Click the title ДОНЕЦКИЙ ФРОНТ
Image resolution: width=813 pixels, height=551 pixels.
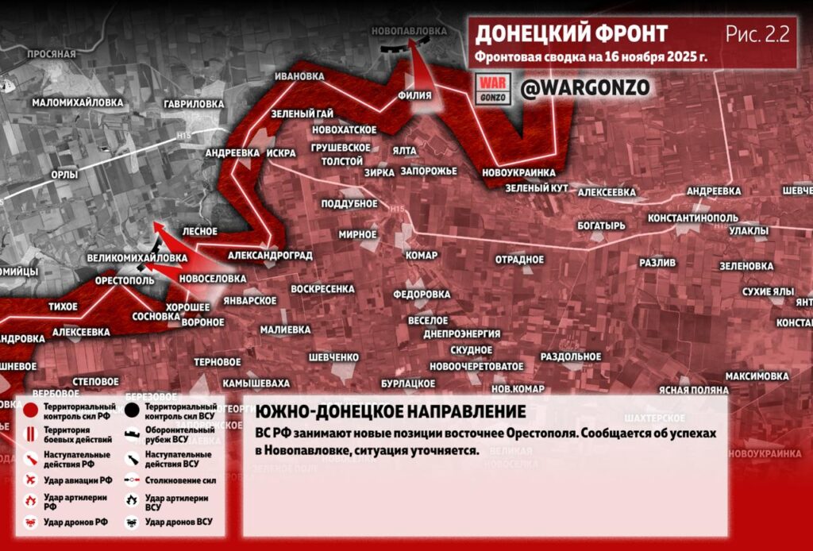(x=571, y=33)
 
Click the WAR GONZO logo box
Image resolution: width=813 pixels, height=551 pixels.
(x=491, y=88)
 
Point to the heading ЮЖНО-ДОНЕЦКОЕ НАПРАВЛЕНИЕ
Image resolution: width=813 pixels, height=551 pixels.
(x=390, y=412)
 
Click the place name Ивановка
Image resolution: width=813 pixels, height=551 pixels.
(x=299, y=76)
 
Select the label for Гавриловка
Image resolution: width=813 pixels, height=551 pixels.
(x=193, y=104)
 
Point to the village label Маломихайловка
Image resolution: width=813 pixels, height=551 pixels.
(x=78, y=103)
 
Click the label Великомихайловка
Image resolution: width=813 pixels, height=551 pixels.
(x=137, y=258)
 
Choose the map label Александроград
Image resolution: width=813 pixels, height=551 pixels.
(x=269, y=256)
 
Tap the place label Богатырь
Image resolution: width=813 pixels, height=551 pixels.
(x=602, y=225)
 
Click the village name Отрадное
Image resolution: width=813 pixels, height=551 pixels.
(x=519, y=260)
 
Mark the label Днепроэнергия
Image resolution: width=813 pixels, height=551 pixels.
(x=461, y=334)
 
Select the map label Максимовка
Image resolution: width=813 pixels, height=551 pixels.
(x=757, y=375)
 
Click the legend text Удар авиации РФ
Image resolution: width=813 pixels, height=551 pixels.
(x=78, y=480)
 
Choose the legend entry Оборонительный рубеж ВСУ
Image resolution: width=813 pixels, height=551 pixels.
(x=178, y=434)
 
